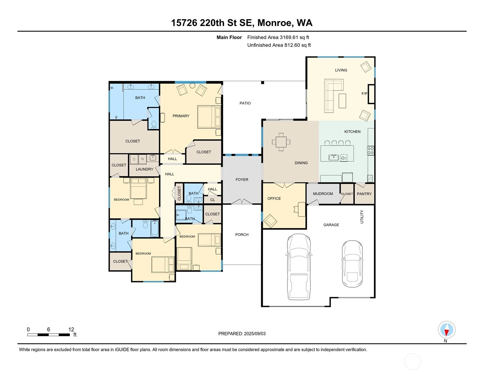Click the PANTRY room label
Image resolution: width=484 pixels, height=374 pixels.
tap(364, 194)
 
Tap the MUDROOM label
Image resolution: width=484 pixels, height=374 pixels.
tap(323, 194)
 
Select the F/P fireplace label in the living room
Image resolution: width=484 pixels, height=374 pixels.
tap(364, 94)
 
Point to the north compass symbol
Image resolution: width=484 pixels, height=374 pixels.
tap(447, 330)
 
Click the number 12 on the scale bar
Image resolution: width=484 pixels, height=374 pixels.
tap(71, 329)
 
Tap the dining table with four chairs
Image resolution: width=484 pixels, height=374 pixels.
tap(281, 142)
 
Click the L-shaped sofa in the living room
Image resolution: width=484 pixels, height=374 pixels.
tap(334, 96)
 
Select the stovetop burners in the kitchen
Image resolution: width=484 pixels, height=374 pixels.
tap(371, 151)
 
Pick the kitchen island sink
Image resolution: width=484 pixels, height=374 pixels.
tap(334, 158)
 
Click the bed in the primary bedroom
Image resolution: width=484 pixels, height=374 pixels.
tap(209, 117)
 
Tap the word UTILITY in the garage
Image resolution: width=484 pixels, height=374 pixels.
tap(362, 217)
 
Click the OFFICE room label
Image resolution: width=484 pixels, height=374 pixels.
tap(274, 199)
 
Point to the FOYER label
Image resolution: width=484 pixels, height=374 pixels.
tap(242, 180)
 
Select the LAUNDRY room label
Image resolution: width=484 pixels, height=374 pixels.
tap(145, 169)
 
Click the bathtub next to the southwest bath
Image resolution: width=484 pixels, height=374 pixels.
tap(154, 228)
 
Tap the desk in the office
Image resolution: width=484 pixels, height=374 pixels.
tap(301, 209)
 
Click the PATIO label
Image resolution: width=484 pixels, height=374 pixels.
tap(245, 103)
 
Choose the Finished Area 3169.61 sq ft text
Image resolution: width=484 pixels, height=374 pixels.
tap(278, 37)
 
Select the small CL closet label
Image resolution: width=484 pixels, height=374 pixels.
tap(213, 200)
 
